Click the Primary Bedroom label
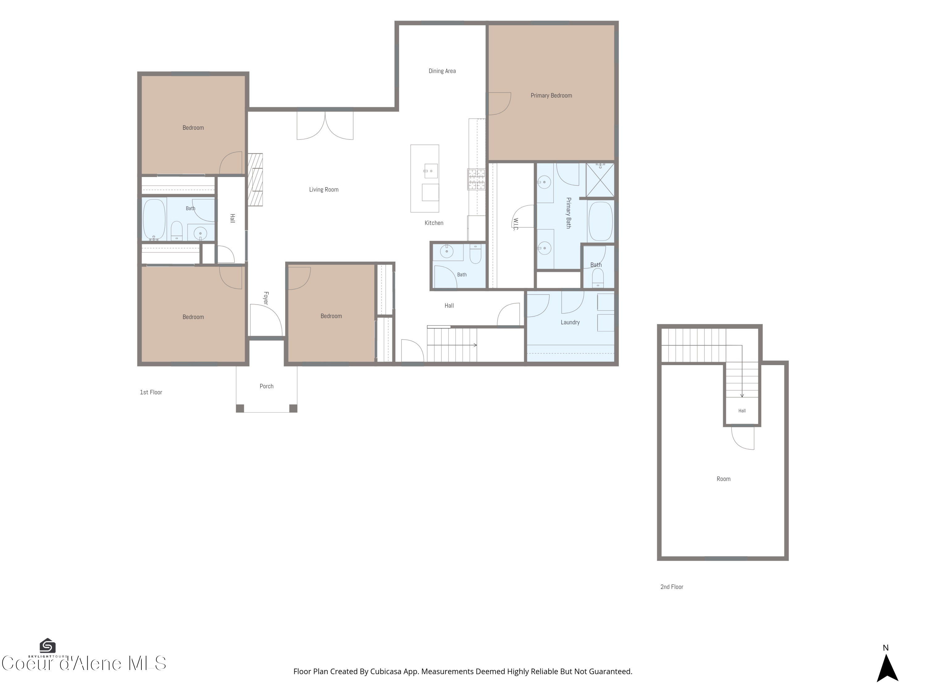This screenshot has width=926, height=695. [x=551, y=95]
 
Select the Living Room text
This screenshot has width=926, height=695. [x=323, y=190]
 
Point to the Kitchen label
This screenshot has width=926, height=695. [x=434, y=223]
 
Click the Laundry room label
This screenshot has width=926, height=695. [x=570, y=322]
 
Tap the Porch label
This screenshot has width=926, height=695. [x=266, y=386]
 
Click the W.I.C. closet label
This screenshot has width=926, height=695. [x=516, y=224]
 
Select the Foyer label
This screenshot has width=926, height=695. [x=266, y=298]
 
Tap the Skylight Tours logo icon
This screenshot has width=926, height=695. [x=47, y=646]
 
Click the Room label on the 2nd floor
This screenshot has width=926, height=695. [x=724, y=479]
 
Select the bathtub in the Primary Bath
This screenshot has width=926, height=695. [x=601, y=221]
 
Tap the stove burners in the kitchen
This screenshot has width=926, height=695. [x=476, y=179]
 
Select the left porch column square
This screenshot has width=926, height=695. [x=240, y=408]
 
